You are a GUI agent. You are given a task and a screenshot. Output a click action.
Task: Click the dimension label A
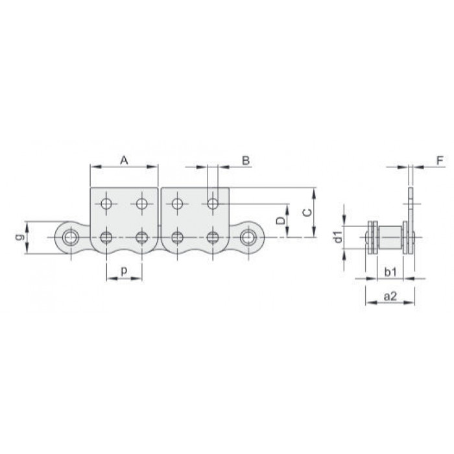click(x=124, y=160)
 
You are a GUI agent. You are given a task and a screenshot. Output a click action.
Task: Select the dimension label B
click(x=246, y=160)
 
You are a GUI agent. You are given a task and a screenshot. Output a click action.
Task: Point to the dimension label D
click(x=280, y=221)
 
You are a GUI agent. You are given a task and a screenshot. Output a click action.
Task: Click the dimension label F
click(x=440, y=161)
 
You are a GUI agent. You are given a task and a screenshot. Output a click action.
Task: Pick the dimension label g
click(x=19, y=237)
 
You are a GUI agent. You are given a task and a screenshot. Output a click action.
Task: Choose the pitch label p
click(x=124, y=270)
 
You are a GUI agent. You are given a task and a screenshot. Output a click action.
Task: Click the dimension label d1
click(x=338, y=237)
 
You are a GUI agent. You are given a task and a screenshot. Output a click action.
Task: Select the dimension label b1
click(x=390, y=272)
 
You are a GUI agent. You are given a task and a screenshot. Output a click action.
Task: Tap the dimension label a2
click(x=390, y=296)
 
